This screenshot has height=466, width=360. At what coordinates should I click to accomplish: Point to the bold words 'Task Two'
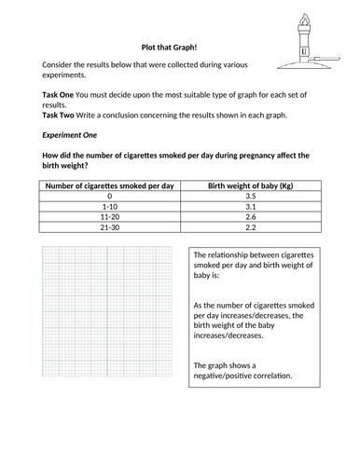[61, 117]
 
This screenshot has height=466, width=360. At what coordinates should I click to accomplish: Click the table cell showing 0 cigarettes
[109, 198]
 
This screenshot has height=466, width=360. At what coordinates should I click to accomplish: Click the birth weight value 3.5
[250, 198]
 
